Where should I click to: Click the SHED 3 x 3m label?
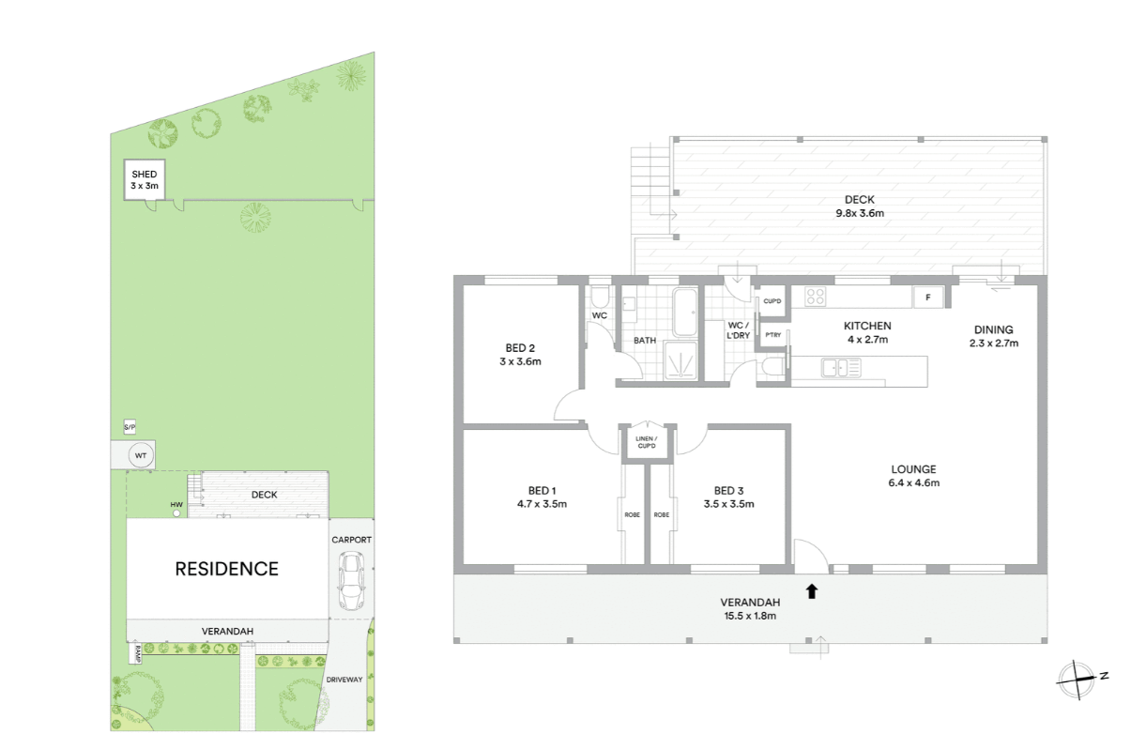(x=145, y=179)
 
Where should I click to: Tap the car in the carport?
(x=351, y=581)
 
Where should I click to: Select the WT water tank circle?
(x=141, y=456)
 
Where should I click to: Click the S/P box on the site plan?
(x=130, y=427)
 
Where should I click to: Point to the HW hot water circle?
(x=176, y=513)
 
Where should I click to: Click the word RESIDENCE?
(x=227, y=569)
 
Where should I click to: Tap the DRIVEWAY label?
(x=344, y=680)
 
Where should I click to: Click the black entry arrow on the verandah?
(x=812, y=591)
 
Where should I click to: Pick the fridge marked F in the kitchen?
(x=928, y=298)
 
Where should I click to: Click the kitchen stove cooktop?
(x=816, y=297)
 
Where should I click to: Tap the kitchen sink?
(x=841, y=368)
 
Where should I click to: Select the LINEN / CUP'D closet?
(x=647, y=442)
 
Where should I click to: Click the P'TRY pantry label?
(x=773, y=335)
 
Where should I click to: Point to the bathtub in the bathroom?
(x=685, y=313)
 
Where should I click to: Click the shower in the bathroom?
(x=680, y=361)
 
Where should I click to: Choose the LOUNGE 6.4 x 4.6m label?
(x=914, y=476)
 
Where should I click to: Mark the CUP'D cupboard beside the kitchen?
(x=772, y=301)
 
